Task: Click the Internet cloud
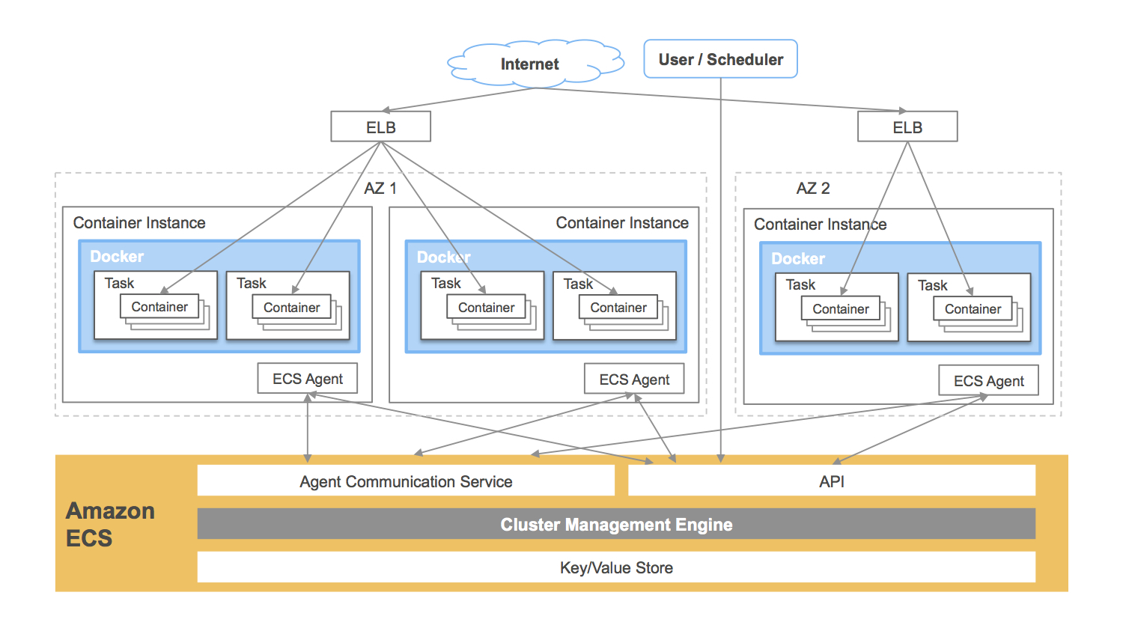[x=530, y=64]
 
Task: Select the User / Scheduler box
[x=720, y=59]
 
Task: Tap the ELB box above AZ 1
[x=380, y=127]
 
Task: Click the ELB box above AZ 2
[x=907, y=127]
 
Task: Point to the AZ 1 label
[x=380, y=189]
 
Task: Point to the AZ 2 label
[x=813, y=189]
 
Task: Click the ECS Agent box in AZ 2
[x=988, y=381]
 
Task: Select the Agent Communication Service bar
[x=406, y=481]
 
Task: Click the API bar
[x=831, y=481]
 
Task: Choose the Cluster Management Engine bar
[x=616, y=525]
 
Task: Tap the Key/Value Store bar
[x=616, y=567]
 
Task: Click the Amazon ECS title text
[x=109, y=524]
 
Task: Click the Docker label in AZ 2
[x=798, y=259]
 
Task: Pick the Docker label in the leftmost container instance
[x=117, y=257]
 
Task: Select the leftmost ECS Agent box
[x=307, y=379]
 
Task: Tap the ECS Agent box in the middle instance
[x=634, y=379]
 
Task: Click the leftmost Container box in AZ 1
[x=159, y=307]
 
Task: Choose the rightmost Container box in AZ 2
[x=973, y=309]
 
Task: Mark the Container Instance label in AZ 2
[x=820, y=225]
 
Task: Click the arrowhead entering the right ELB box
[x=902, y=111]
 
